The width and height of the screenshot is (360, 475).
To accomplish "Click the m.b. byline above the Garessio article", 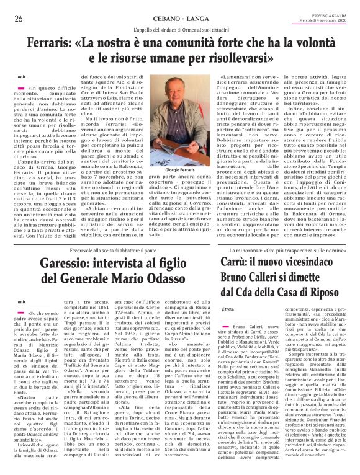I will [x=22, y=302].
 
